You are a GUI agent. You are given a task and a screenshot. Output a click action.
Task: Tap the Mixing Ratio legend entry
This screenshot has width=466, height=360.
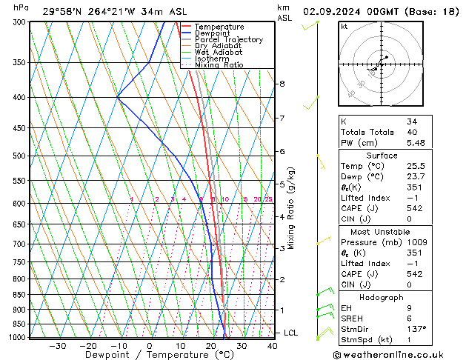[219, 65]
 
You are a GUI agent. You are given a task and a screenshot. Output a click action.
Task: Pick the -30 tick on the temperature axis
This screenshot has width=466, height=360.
[57, 345]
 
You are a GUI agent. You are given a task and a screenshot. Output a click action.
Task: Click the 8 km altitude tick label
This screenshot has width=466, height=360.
[282, 84]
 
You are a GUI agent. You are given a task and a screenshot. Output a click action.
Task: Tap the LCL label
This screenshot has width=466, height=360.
[290, 333]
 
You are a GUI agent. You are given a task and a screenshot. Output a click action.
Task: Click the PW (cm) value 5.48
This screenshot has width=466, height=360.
[417, 143]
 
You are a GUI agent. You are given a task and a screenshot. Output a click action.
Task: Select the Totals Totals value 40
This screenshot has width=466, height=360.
[413, 132]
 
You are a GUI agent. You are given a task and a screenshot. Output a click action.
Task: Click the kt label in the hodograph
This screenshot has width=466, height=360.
[344, 27]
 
